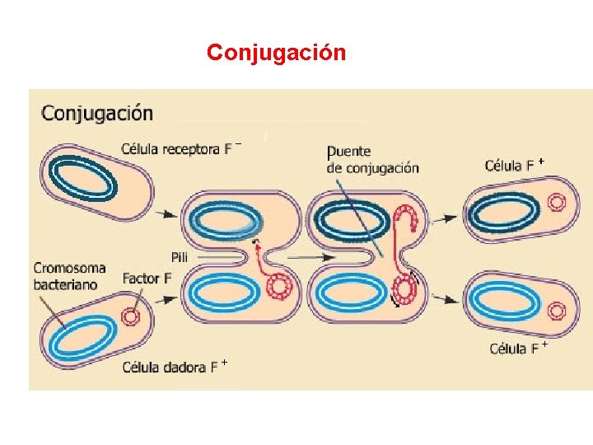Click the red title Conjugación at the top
[x=276, y=53]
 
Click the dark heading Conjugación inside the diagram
[x=97, y=112]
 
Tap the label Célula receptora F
[x=181, y=149]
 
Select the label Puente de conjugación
[x=372, y=160]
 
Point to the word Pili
[x=180, y=257]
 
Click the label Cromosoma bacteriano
[x=70, y=276]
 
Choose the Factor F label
[x=147, y=279]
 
